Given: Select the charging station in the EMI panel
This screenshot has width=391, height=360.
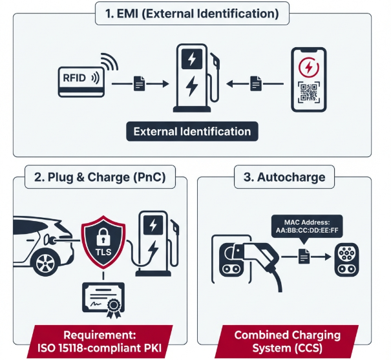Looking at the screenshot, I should point(192,78).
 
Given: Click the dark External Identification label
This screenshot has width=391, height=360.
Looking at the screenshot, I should point(192,131).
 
